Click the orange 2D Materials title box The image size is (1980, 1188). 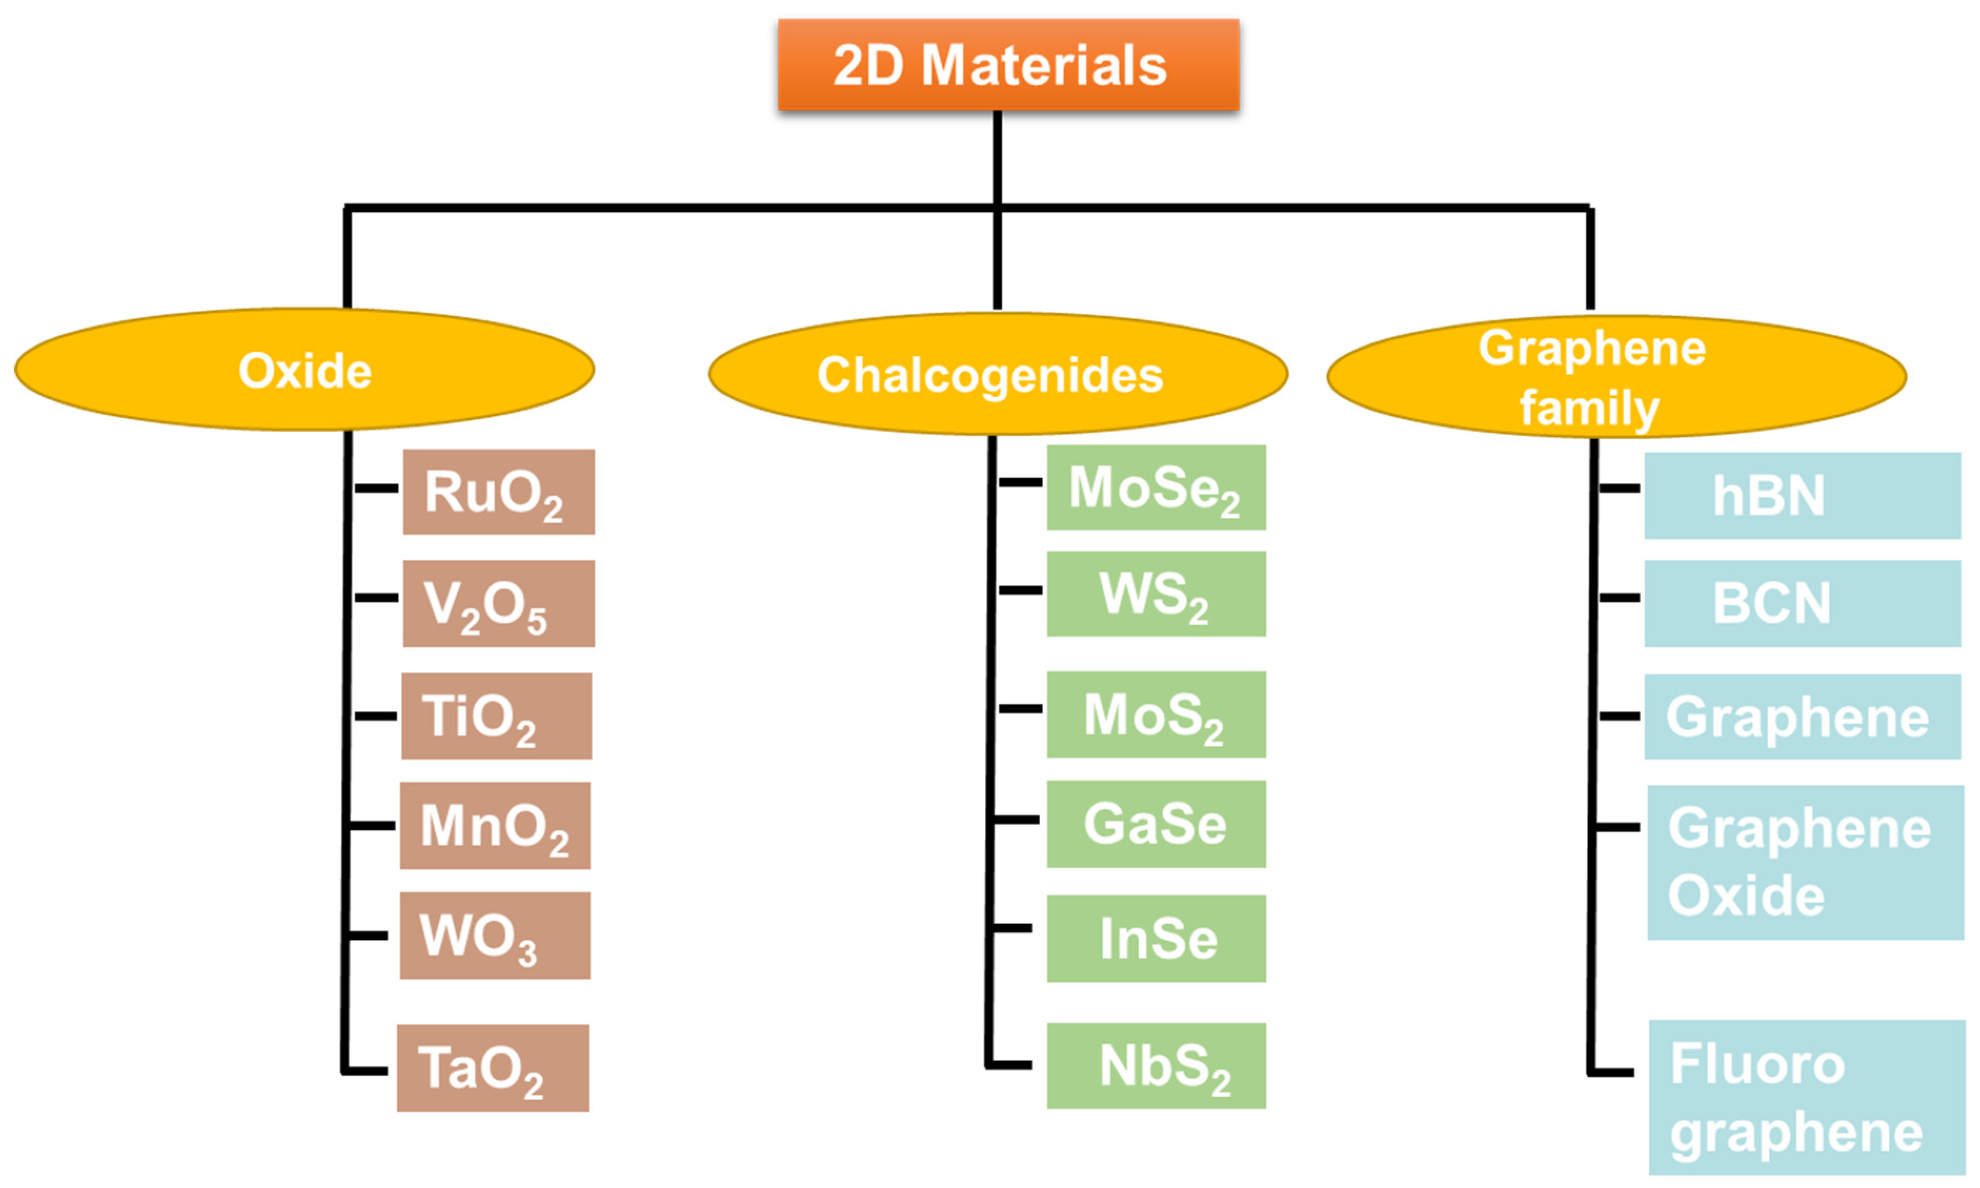pos(1008,65)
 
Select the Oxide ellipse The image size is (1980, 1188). pos(304,370)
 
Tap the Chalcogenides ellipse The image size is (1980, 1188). pos(997,374)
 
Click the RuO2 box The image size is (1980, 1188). pos(498,492)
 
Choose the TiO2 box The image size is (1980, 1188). pos(497,716)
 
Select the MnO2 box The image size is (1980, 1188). pos(495,825)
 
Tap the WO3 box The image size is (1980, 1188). pos(495,935)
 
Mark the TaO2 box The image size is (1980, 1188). pos(492,1068)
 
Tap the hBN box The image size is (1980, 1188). pos(1802,495)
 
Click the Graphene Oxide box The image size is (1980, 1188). pos(1805,862)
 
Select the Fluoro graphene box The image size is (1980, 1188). pos(1806,1098)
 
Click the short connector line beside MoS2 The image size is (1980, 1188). pos(1020,708)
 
